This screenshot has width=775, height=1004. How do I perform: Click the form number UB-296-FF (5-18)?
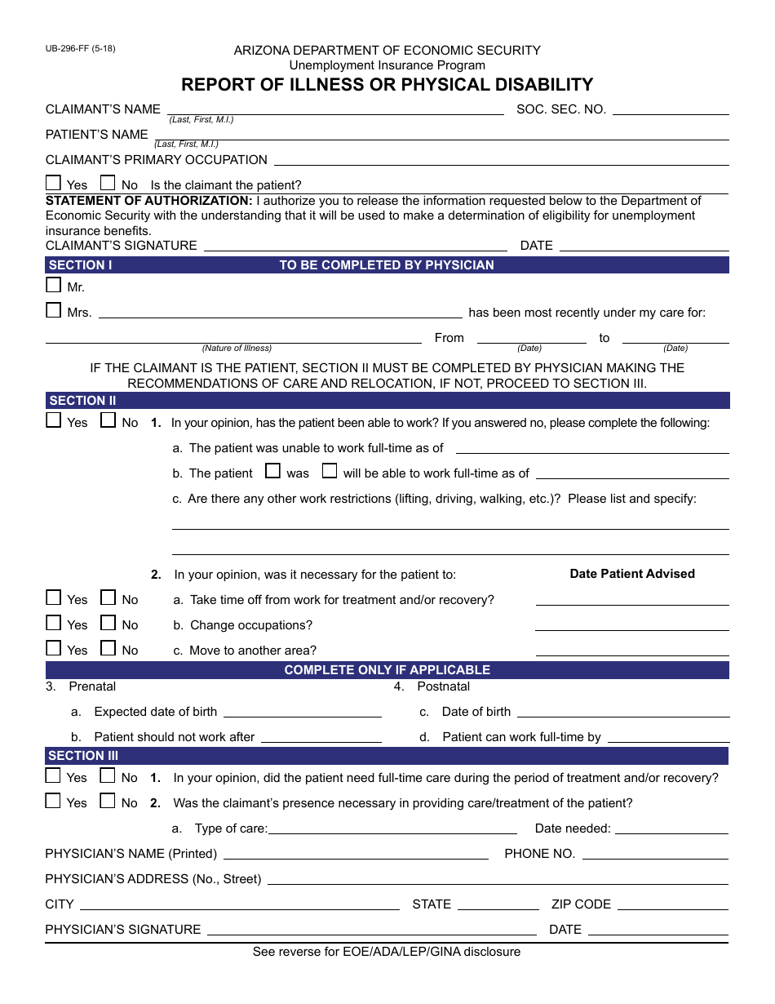81,49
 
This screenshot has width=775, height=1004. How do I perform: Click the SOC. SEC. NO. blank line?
670,109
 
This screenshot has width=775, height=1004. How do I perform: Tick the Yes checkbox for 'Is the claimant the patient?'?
54,184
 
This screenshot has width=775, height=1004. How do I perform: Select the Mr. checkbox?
54,286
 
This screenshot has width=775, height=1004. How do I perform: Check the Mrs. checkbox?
54,311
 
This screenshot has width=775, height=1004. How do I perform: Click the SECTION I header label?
80,265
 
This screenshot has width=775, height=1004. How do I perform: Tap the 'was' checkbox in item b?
273,472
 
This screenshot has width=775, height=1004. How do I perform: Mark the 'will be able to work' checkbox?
330,472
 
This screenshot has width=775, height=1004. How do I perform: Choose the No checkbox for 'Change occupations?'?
108,624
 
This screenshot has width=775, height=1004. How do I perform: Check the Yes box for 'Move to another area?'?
54,649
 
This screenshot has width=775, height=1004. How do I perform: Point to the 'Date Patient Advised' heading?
632,574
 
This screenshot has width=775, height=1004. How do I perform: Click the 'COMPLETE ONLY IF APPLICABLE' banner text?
387,670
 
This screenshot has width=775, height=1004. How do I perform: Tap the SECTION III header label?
83,756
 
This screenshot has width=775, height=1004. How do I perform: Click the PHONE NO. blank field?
655,855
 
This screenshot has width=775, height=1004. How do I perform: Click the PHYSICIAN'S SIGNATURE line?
371,931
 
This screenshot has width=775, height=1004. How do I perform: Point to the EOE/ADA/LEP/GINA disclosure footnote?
387,952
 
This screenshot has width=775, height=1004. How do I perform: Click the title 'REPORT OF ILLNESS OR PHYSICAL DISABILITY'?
387,85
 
